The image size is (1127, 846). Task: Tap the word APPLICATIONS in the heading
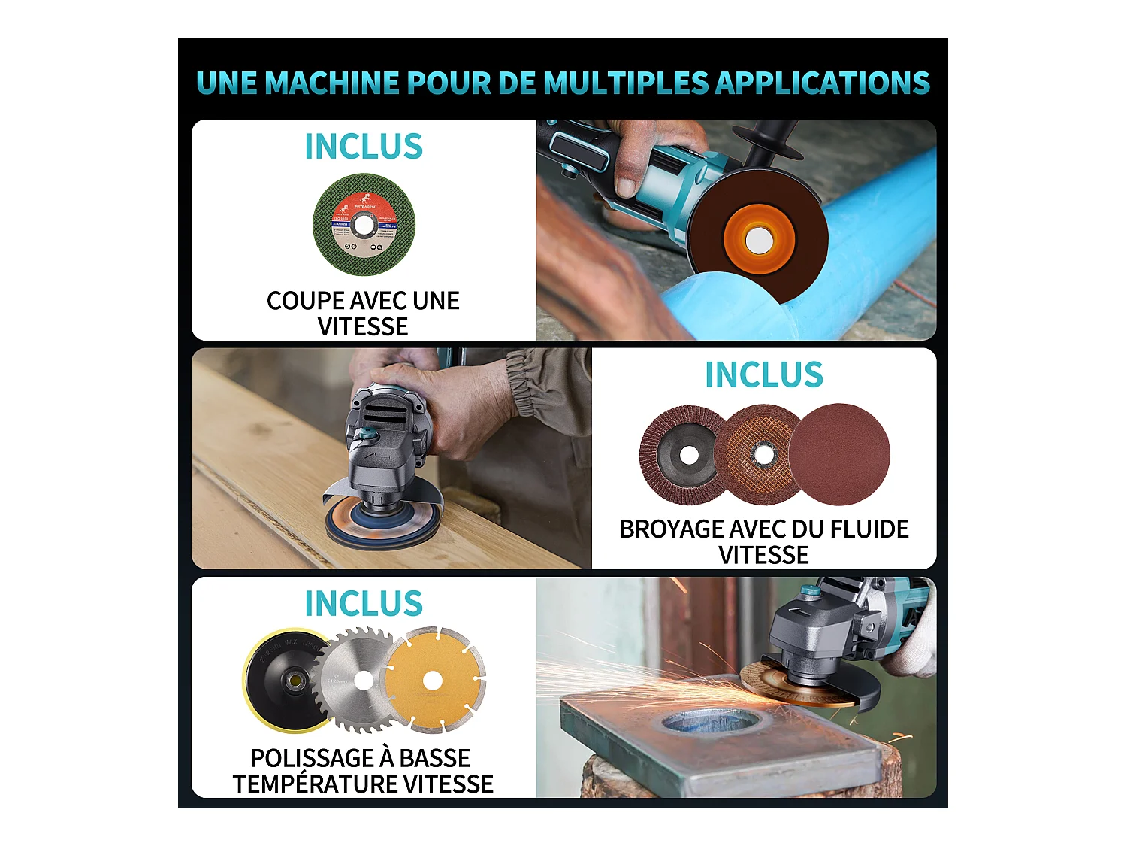[822, 83]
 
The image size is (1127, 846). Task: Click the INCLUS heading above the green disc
[364, 146]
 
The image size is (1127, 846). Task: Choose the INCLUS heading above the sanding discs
[763, 374]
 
